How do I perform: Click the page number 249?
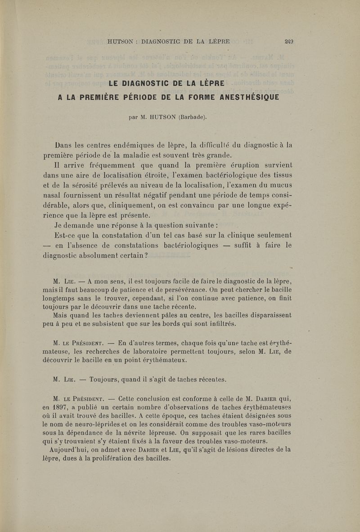tap(289, 42)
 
